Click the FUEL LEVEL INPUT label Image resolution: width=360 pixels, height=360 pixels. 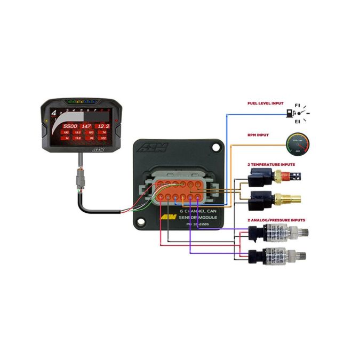(265, 103)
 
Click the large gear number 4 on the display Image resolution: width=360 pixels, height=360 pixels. (53, 113)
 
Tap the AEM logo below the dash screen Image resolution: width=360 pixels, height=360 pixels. (98, 150)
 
